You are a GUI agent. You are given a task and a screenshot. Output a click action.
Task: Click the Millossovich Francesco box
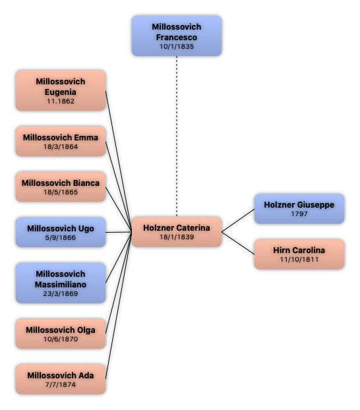click(x=177, y=36)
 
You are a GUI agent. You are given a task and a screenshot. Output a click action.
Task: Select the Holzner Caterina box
click(x=177, y=232)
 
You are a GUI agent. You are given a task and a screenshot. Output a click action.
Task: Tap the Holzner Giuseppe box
click(x=299, y=209)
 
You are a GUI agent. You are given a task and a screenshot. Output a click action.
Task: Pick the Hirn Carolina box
click(x=299, y=254)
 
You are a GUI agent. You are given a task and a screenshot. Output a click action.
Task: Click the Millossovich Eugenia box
click(x=61, y=90)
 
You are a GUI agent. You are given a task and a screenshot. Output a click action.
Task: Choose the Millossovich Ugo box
click(x=61, y=232)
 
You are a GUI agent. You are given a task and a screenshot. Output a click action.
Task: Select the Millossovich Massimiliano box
click(x=61, y=283)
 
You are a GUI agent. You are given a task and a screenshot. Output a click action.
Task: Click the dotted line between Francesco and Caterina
click(x=177, y=136)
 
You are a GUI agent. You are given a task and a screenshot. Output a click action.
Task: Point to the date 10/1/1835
click(x=177, y=47)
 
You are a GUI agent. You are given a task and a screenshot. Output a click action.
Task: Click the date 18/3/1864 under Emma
click(x=61, y=147)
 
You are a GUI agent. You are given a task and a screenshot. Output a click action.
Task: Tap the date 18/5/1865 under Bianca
click(x=61, y=192)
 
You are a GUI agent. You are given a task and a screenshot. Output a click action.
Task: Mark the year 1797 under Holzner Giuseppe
click(x=299, y=214)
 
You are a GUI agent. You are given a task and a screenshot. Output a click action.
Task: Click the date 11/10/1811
click(x=299, y=260)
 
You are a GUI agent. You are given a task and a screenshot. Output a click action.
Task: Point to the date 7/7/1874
click(x=61, y=385)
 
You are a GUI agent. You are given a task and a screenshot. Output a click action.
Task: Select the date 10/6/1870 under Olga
click(x=61, y=339)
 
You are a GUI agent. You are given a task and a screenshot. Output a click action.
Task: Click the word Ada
click(x=86, y=376)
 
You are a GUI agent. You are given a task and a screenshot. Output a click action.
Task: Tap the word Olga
click(x=86, y=330)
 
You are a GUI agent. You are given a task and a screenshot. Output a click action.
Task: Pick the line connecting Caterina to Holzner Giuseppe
click(x=238, y=220)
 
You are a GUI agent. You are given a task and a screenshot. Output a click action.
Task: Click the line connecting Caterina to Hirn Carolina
click(x=238, y=243)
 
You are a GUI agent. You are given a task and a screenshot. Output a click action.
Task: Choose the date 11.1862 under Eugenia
click(x=61, y=102)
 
